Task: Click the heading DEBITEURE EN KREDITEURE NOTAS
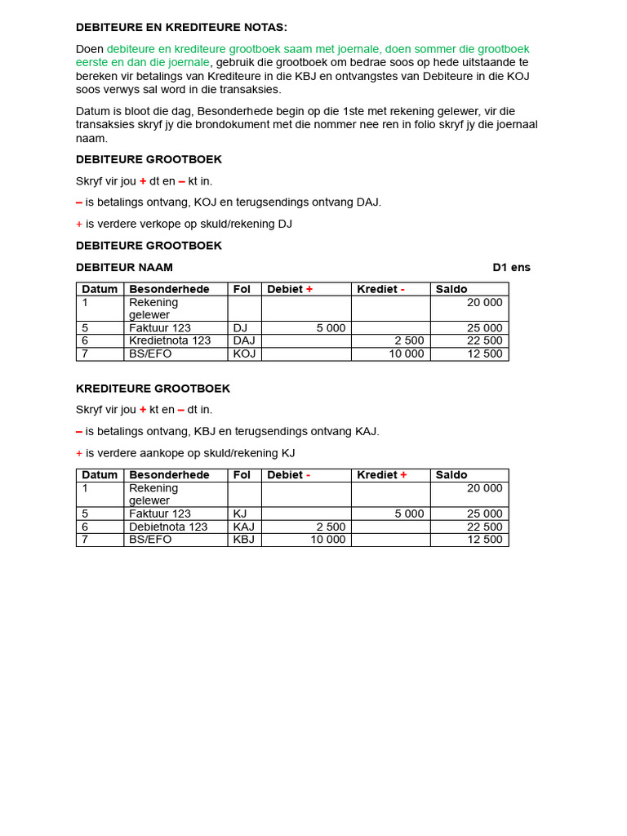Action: coord(181,27)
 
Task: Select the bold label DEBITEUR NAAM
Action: coord(124,267)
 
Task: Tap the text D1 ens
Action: coord(511,267)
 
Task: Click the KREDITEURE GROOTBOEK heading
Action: coord(153,388)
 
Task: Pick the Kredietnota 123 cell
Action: coord(169,340)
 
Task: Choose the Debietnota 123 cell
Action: coord(168,527)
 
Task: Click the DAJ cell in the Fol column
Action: coord(244,340)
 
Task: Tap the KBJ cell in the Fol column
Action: coord(244,540)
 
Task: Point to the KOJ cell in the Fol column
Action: coord(244,354)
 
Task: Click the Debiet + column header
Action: coord(290,289)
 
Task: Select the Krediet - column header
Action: coord(380,289)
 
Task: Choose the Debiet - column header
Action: coord(288,474)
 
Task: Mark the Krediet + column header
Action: coord(381,474)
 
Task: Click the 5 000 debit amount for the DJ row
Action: coord(331,327)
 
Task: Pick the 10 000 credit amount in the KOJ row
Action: coord(407,354)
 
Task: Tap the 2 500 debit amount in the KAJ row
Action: coord(331,527)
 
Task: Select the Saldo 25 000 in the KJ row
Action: coord(484,514)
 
